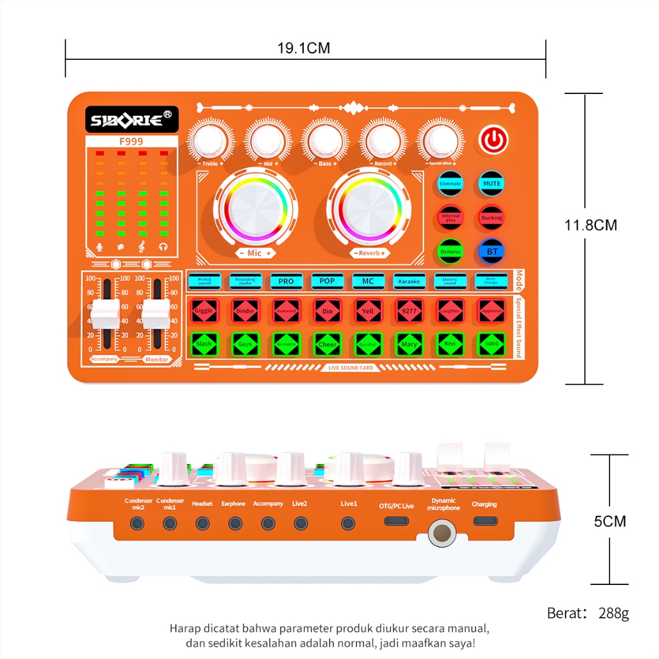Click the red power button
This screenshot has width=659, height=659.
[x=493, y=140]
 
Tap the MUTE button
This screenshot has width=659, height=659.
[x=492, y=183]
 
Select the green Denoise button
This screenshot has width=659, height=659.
[x=450, y=251]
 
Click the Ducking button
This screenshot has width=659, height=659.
[x=492, y=218]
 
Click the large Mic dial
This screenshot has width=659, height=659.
[x=255, y=207]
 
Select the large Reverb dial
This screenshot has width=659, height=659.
[x=371, y=207]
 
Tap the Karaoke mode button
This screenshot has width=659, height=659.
[x=409, y=281]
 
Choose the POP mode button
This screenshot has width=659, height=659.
[x=327, y=281]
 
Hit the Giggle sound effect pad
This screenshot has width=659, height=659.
[x=204, y=311]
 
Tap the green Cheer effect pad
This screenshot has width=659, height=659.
[x=327, y=344]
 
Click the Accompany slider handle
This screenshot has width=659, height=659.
[x=106, y=313]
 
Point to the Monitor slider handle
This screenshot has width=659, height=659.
[x=156, y=313]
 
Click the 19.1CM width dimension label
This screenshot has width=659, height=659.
[x=304, y=48]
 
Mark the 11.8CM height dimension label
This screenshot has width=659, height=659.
[x=591, y=225]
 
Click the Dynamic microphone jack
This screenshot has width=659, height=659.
[x=442, y=533]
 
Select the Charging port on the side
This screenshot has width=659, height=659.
[x=484, y=521]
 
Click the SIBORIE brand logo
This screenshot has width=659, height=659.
[x=132, y=120]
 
